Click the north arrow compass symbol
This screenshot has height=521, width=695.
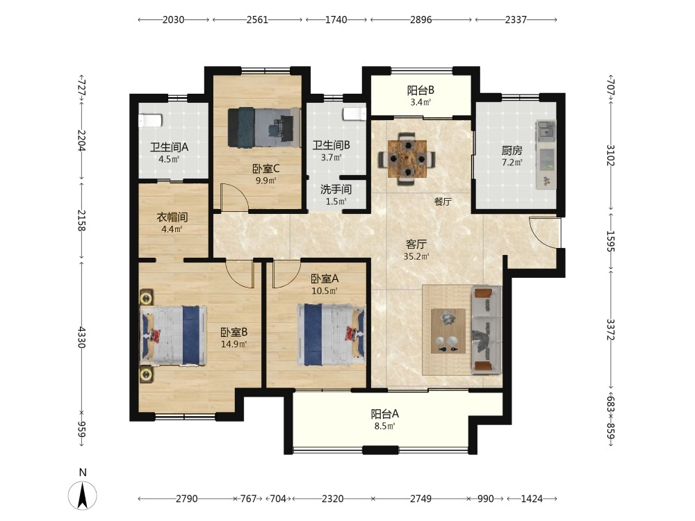coord(83,495)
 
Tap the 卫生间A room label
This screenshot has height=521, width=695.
coord(169,147)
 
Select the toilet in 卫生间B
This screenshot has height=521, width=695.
coord(354,114)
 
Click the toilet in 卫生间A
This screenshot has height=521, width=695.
coord(150,120)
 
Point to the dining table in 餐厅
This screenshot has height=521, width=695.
coord(407,159)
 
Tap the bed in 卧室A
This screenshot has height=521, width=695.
coord(332,335)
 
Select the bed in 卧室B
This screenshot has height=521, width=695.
coord(173,335)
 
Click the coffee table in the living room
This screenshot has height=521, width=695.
coord(448,331)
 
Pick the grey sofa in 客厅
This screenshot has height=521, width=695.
coord(486,329)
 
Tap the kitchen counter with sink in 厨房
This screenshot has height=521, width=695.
coord(546,155)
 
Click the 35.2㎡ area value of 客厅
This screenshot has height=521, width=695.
coord(416,256)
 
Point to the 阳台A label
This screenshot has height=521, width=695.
coord(385,414)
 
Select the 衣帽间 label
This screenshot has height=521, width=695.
coord(172,217)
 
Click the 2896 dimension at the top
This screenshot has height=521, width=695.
coord(420,19)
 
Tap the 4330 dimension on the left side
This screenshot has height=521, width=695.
coord(81,337)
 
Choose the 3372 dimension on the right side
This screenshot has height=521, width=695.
coord(610,329)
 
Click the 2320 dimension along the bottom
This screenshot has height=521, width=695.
coord(332,499)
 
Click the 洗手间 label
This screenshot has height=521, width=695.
coord(336,189)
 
